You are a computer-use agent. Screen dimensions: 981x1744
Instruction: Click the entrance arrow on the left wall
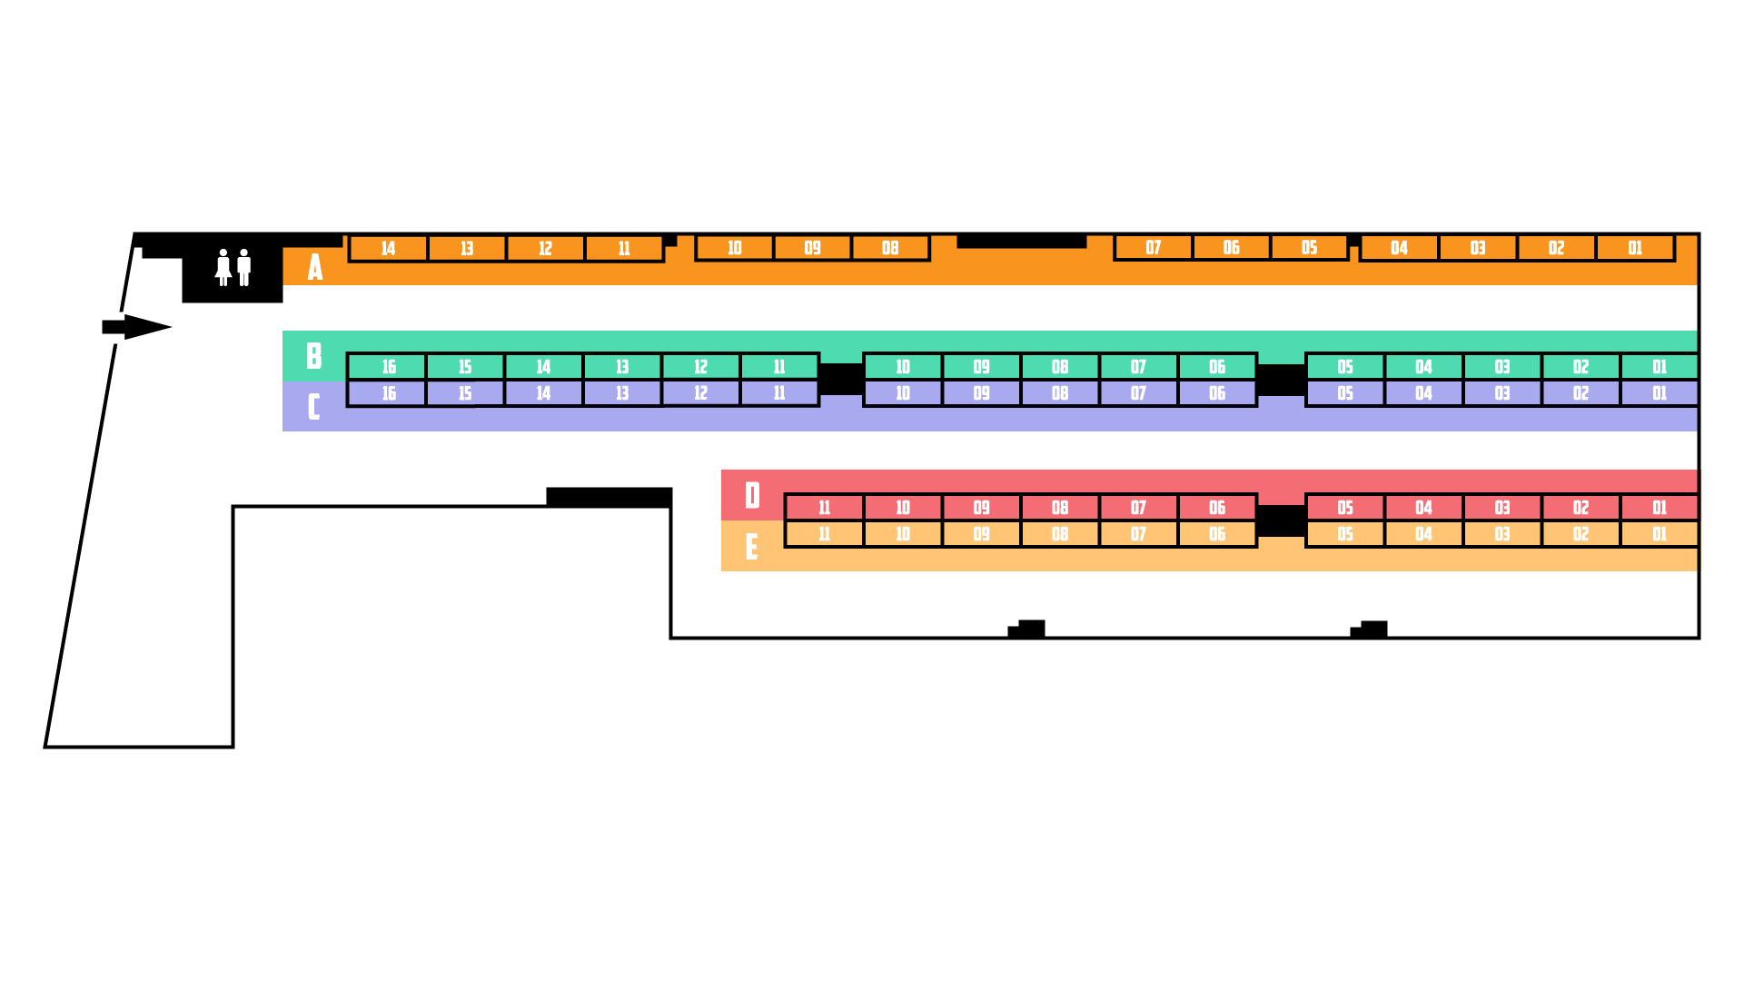click(136, 327)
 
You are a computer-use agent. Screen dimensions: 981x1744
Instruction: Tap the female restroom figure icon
click(223, 268)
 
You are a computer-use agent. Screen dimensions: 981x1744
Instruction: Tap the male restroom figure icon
click(243, 268)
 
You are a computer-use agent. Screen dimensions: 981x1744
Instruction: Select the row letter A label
click(315, 267)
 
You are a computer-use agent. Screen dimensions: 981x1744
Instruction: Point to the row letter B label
click(314, 356)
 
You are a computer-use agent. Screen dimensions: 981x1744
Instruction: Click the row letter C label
click(314, 406)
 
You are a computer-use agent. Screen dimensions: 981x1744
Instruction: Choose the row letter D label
click(752, 496)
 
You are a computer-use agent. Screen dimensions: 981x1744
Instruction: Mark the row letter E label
click(751, 547)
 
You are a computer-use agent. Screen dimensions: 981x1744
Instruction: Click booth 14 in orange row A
click(388, 249)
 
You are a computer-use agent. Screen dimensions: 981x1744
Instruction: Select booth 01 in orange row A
click(1635, 248)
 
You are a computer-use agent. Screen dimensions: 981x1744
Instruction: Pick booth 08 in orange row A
click(890, 248)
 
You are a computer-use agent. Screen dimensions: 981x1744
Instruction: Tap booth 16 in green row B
click(389, 367)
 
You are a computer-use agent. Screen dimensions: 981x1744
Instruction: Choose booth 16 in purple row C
click(389, 393)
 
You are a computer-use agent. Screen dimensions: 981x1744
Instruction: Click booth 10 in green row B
click(902, 367)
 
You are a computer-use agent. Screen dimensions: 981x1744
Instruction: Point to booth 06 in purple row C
click(1217, 393)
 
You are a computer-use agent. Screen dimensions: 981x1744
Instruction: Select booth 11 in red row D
click(824, 508)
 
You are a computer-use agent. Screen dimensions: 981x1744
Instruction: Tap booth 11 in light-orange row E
click(824, 534)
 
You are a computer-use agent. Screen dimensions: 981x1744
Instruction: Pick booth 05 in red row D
click(1345, 508)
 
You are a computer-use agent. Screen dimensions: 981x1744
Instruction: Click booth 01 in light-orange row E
click(1660, 534)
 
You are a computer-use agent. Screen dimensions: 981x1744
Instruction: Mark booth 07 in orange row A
click(1153, 248)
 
